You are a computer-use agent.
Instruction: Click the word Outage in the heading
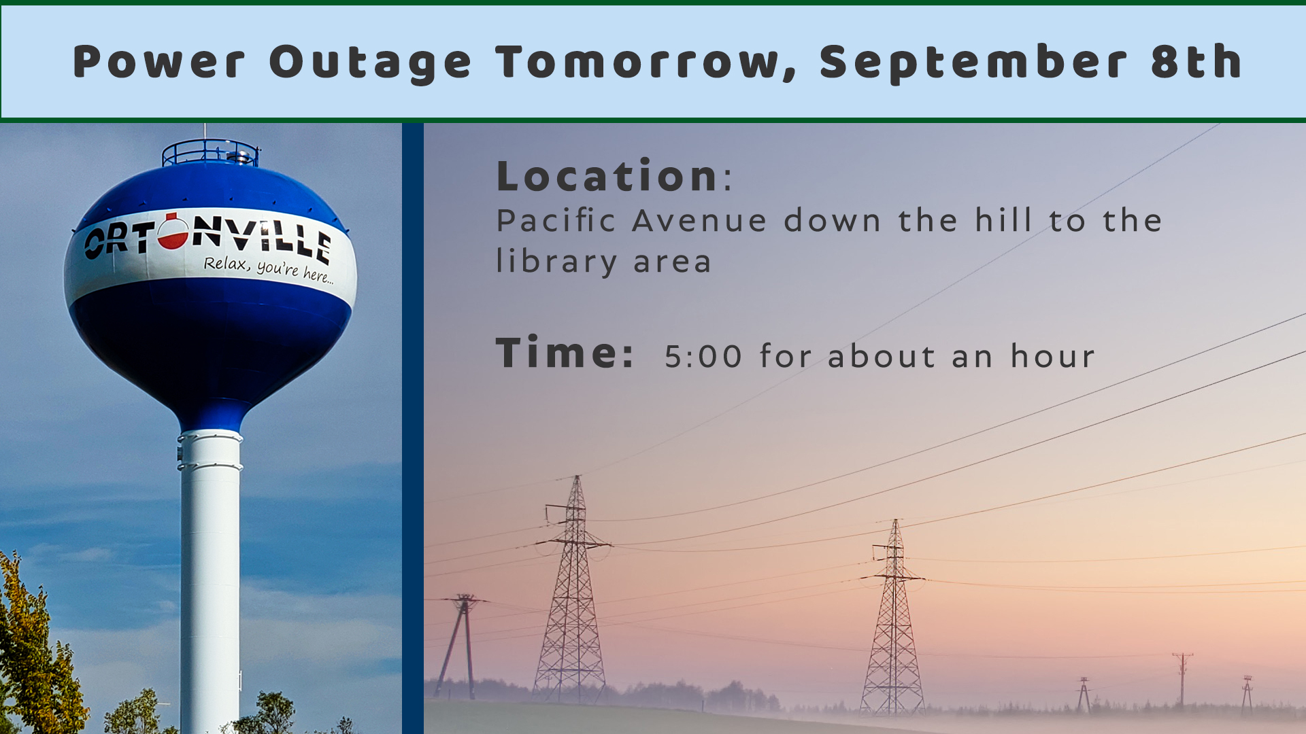coord(370,63)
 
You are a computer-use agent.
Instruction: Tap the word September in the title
coord(974,63)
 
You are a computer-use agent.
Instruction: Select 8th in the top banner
coord(1197,61)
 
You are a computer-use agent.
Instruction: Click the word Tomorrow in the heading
coord(646,63)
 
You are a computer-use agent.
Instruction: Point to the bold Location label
coord(607,176)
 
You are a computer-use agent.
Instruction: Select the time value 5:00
coord(703,356)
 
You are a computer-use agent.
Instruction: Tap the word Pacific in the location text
coord(556,221)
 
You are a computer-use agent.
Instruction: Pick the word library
coord(556,262)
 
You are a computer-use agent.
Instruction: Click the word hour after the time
coord(1052,355)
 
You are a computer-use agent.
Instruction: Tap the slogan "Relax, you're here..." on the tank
coord(269,268)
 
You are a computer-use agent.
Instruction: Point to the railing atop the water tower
coord(210,152)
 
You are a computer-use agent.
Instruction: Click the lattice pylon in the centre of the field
coord(893,618)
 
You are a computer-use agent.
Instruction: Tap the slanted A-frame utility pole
coord(461,646)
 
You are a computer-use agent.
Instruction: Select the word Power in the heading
coord(158,63)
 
